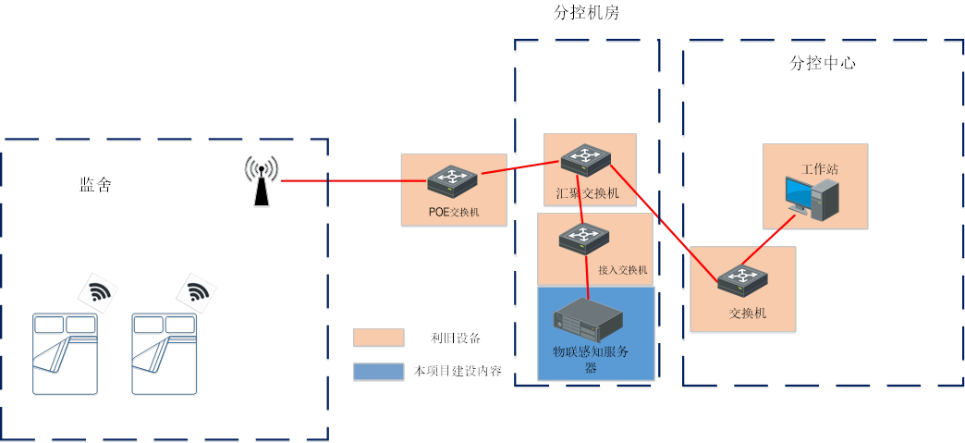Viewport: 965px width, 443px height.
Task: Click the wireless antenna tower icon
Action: click(262, 180)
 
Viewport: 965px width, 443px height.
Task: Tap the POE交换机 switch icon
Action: click(452, 180)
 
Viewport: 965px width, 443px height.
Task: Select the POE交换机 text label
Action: click(454, 212)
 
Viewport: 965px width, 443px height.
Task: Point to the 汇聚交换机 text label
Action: click(588, 193)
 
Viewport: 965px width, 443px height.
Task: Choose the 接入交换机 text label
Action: click(622, 271)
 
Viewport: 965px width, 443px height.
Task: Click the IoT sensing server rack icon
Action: click(588, 320)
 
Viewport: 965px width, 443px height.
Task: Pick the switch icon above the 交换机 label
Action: click(743, 279)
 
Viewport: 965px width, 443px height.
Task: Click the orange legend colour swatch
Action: click(379, 338)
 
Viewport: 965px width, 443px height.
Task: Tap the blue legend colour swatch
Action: click(379, 372)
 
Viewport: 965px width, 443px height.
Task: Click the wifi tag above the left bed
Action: click(98, 293)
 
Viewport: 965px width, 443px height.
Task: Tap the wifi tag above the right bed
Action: click(196, 293)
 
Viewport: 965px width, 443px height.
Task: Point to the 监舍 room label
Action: click(94, 185)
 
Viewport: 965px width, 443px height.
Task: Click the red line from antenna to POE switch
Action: click(342, 181)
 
